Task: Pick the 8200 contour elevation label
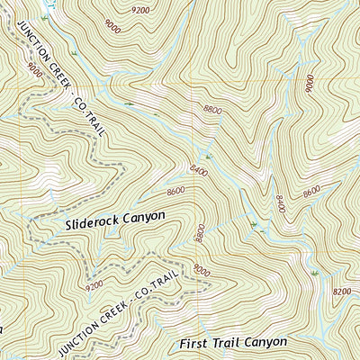pyautogui.click(x=342, y=292)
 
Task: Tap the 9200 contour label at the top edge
pyautogui.click(x=140, y=10)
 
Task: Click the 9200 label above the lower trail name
pyautogui.click(x=94, y=286)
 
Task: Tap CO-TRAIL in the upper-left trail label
pyautogui.click(x=90, y=115)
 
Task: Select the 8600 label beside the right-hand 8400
pyautogui.click(x=311, y=191)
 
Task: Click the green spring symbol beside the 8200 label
pyautogui.click(x=315, y=273)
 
